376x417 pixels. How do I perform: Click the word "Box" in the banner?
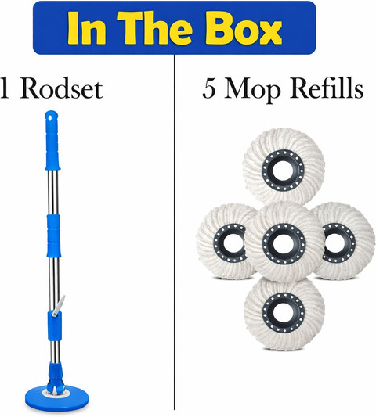tap(244, 28)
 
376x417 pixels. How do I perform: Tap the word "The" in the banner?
tap(155, 28)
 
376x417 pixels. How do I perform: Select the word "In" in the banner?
tap(87, 28)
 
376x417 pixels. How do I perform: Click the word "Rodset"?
tap(61, 88)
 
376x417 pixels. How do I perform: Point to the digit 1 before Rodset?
tap(4, 89)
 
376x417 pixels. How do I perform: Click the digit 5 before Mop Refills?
tap(209, 88)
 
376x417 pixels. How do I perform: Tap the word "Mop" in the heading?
tap(252, 91)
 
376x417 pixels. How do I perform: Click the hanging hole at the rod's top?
tap(50, 117)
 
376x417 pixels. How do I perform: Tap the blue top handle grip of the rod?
tap(52, 140)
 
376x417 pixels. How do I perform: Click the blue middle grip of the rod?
tap(53, 236)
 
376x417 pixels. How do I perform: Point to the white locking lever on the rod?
tap(59, 306)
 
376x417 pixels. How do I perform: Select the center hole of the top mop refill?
tap(283, 171)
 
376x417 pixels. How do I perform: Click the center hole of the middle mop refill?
tap(284, 244)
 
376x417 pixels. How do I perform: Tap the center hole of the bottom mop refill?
tap(283, 313)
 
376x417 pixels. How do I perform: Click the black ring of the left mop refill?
tap(217, 243)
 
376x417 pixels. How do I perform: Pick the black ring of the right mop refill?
tap(351, 243)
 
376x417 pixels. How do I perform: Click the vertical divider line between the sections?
tap(175, 232)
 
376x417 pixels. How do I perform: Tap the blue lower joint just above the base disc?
tap(56, 375)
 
